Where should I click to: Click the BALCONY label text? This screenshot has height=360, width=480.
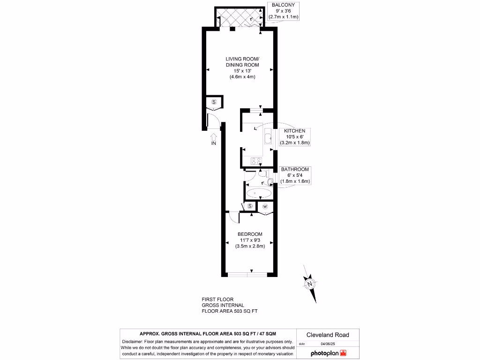284,5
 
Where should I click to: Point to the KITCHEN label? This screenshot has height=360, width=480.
295,131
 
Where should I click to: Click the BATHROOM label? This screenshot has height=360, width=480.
295,169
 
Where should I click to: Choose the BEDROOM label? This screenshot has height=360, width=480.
250,234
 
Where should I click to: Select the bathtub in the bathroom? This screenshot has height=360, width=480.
258,192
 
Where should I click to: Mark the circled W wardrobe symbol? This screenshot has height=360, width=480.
265,206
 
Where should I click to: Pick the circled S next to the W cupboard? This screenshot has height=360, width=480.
250,206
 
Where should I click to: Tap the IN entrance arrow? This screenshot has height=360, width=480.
214,138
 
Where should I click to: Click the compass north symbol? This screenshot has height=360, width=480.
309,284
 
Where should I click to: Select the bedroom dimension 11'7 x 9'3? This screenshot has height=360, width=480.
250,240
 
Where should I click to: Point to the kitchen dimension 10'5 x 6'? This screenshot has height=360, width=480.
295,136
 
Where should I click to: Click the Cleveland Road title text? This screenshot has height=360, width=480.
327,335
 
